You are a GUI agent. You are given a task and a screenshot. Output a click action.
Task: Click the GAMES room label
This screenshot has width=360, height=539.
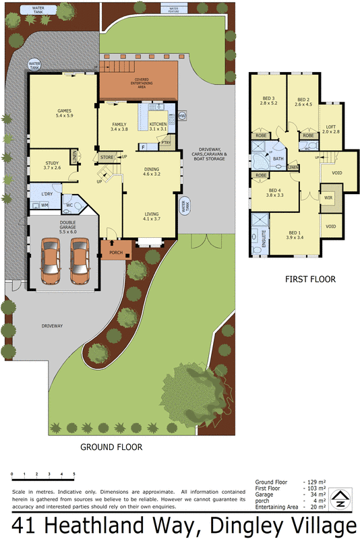point(65,113)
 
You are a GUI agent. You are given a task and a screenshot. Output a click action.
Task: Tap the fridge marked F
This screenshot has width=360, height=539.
point(143,146)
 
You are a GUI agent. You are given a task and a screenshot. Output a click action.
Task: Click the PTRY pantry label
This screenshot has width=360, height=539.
point(165,143)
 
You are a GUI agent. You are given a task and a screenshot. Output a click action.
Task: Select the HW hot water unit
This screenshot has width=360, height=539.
point(181,117)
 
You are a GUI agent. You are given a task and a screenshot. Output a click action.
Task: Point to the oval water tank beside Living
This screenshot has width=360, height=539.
point(184,206)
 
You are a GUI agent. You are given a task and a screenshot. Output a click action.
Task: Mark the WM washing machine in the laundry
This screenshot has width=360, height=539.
point(44,205)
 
